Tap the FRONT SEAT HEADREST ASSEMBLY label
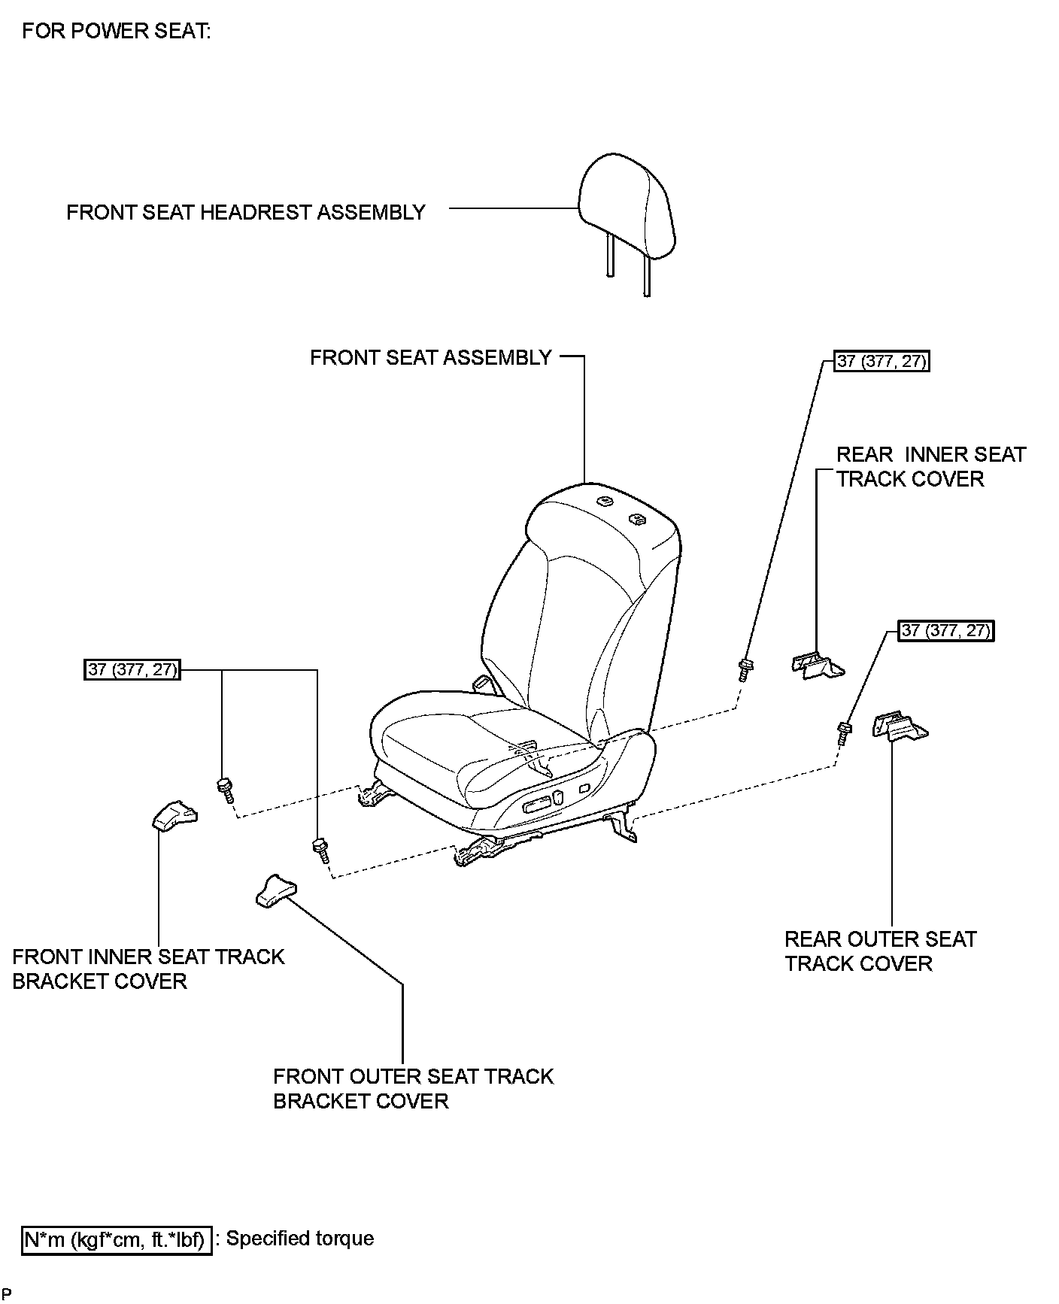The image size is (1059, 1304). click(x=246, y=212)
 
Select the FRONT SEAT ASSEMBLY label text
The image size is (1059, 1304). click(x=431, y=357)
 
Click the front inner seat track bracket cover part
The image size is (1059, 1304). click(x=174, y=815)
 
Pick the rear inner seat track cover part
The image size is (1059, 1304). click(x=818, y=665)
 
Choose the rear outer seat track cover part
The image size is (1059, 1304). click(x=900, y=726)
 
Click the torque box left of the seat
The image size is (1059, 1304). click(x=132, y=669)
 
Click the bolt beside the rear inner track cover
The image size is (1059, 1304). click(x=745, y=669)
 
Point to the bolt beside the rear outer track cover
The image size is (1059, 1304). click(x=844, y=733)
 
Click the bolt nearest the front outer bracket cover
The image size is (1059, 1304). click(x=321, y=850)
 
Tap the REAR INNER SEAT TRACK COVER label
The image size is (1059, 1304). click(x=931, y=466)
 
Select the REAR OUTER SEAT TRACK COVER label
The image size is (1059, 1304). click(x=881, y=951)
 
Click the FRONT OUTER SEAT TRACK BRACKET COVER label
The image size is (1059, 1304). click(x=413, y=1088)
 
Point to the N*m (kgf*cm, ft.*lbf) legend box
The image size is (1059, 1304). click(x=116, y=1239)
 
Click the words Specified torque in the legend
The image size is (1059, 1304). click(x=300, y=1239)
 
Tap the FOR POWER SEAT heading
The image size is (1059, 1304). click(x=117, y=31)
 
